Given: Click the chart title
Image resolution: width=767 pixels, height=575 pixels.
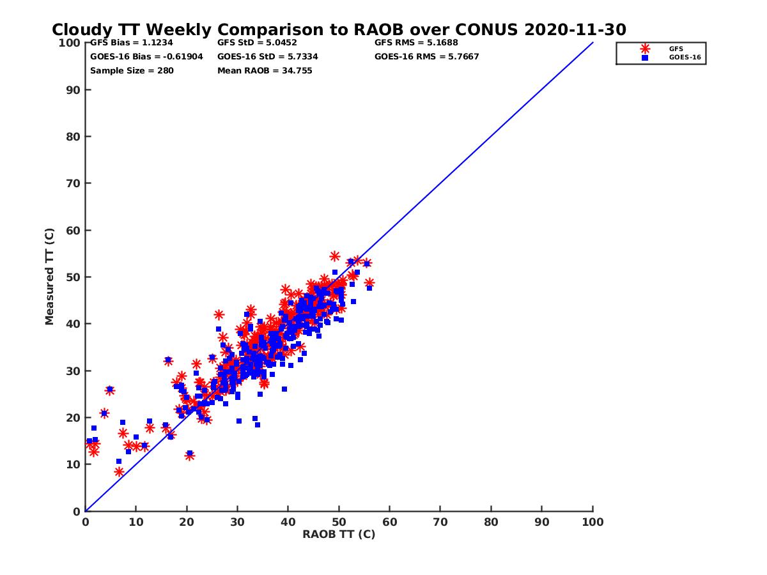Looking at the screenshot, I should click(339, 30).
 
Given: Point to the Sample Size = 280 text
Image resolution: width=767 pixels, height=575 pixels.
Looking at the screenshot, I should click(132, 71).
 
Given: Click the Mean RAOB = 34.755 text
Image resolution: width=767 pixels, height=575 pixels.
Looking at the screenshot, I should click(265, 71).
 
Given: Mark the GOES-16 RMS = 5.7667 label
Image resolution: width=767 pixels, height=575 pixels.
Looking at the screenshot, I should click(426, 57).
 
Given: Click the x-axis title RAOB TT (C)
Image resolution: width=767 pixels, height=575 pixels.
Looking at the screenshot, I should click(339, 534).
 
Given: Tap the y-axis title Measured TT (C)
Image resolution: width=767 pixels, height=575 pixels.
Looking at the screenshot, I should click(50, 277).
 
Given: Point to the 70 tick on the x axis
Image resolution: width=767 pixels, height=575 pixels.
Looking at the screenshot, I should click(440, 521).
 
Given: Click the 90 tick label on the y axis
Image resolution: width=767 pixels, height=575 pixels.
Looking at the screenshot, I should click(74, 90).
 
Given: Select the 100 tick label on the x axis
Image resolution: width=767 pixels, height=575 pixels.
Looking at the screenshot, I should click(593, 521).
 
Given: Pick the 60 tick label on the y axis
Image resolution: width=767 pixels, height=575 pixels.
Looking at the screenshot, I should click(74, 231).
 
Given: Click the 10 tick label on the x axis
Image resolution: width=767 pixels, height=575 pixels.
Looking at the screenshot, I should click(136, 521).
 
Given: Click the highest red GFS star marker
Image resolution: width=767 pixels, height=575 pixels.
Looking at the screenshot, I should click(334, 256).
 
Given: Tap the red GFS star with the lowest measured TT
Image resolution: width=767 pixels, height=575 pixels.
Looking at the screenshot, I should click(119, 472).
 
